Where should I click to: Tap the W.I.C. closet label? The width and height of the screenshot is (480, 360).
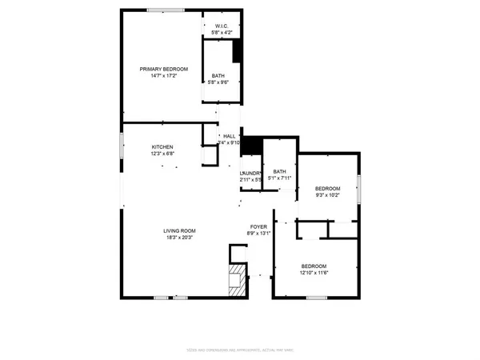click(222, 26)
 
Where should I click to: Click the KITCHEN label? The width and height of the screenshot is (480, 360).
click(163, 147)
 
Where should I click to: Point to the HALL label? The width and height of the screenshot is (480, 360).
click(230, 136)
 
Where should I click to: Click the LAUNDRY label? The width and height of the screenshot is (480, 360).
click(250, 173)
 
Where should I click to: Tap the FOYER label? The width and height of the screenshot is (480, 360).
click(258, 226)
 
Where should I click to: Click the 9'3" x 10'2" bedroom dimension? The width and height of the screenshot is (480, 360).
click(326, 194)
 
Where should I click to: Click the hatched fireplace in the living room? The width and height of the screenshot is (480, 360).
click(237, 282)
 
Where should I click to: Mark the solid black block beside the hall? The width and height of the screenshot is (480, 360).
click(251, 146)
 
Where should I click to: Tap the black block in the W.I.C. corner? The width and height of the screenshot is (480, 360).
click(238, 50)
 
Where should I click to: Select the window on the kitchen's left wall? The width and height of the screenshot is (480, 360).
click(122, 146)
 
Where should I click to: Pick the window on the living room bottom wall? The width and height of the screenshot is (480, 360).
click(171, 298)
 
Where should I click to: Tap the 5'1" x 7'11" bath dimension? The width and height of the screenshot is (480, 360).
click(279, 178)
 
